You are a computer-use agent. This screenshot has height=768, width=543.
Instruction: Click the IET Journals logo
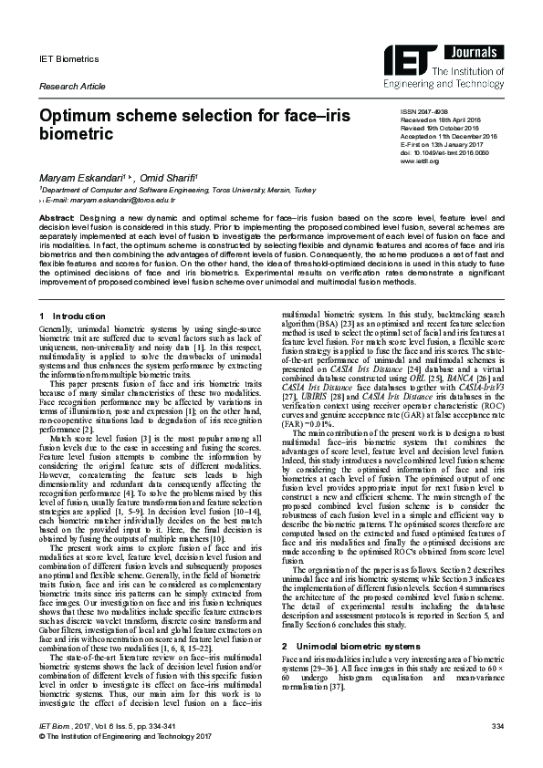[x=454, y=61]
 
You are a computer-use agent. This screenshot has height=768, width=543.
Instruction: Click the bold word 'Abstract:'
[x=56, y=220]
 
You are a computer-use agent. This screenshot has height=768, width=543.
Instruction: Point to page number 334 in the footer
[x=497, y=750]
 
